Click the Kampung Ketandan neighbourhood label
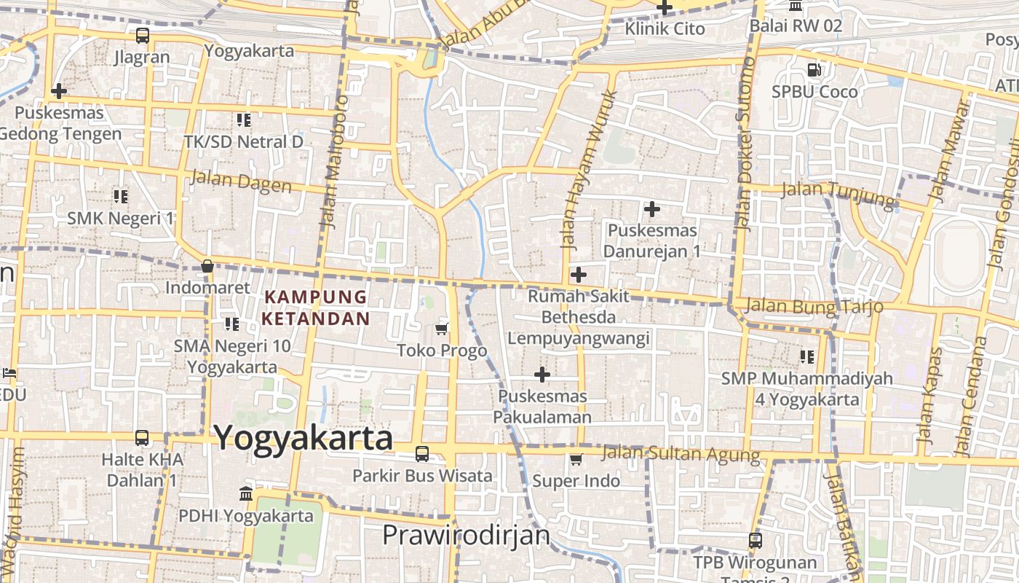click(x=316, y=308)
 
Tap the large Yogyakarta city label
click(x=303, y=439)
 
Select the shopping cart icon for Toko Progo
click(x=441, y=329)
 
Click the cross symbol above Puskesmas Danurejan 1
click(x=652, y=210)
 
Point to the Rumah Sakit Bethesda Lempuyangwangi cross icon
click(x=579, y=275)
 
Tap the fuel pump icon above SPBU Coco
click(x=814, y=71)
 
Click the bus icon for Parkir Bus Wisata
click(x=422, y=454)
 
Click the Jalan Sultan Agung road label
click(x=681, y=454)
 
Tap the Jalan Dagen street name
click(x=241, y=181)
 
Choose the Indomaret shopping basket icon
click(x=207, y=266)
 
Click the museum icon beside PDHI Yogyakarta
click(x=246, y=494)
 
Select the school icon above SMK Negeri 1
click(x=121, y=196)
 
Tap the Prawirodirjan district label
click(x=466, y=536)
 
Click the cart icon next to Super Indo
click(x=576, y=459)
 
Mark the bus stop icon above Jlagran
click(x=143, y=35)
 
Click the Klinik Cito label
click(x=665, y=28)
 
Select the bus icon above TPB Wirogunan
click(x=756, y=541)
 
